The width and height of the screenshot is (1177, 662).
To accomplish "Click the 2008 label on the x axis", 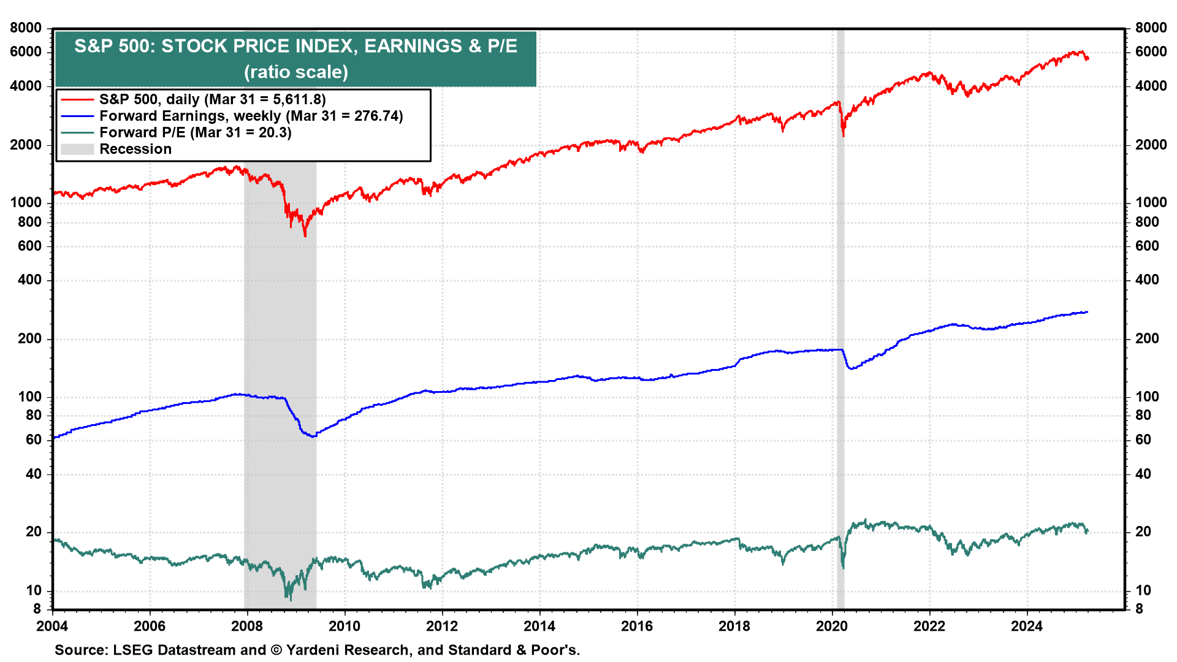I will tap(247, 626).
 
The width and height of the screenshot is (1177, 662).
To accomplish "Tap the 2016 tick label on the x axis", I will tap(637, 626).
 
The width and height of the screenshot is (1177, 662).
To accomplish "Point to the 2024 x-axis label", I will tap(1027, 626).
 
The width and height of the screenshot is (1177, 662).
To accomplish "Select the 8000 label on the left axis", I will tap(26, 28).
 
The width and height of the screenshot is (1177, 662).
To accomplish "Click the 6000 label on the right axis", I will tap(1151, 52).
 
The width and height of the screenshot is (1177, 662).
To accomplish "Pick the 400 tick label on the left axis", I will tap(30, 280).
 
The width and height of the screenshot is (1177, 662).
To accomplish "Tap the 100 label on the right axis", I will tap(1147, 397).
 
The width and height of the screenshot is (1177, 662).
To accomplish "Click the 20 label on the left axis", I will tap(34, 532).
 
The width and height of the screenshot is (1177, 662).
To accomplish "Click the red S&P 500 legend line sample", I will tap(77, 99).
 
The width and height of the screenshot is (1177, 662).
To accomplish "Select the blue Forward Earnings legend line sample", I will tap(77, 116).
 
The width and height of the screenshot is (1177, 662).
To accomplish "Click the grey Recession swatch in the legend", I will tap(77, 149).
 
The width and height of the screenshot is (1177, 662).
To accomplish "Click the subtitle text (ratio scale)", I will tap(296, 72).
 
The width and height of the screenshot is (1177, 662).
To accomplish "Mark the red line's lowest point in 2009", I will tap(305, 236).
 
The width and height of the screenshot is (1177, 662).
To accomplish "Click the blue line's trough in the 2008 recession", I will tap(313, 436).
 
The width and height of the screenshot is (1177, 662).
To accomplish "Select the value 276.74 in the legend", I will tap(376, 116).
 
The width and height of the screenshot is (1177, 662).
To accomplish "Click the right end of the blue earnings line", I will tap(1087, 312).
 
